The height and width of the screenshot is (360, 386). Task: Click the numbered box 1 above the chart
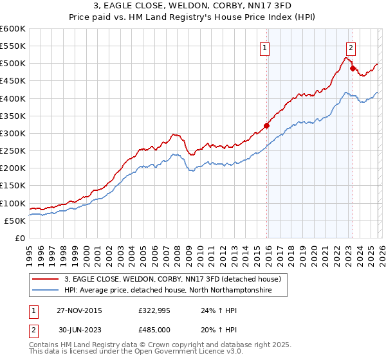(265, 47)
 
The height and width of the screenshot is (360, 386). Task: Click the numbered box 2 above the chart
(351, 47)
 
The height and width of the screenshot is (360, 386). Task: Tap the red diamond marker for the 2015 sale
(266, 125)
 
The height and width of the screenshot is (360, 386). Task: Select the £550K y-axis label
(13, 46)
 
